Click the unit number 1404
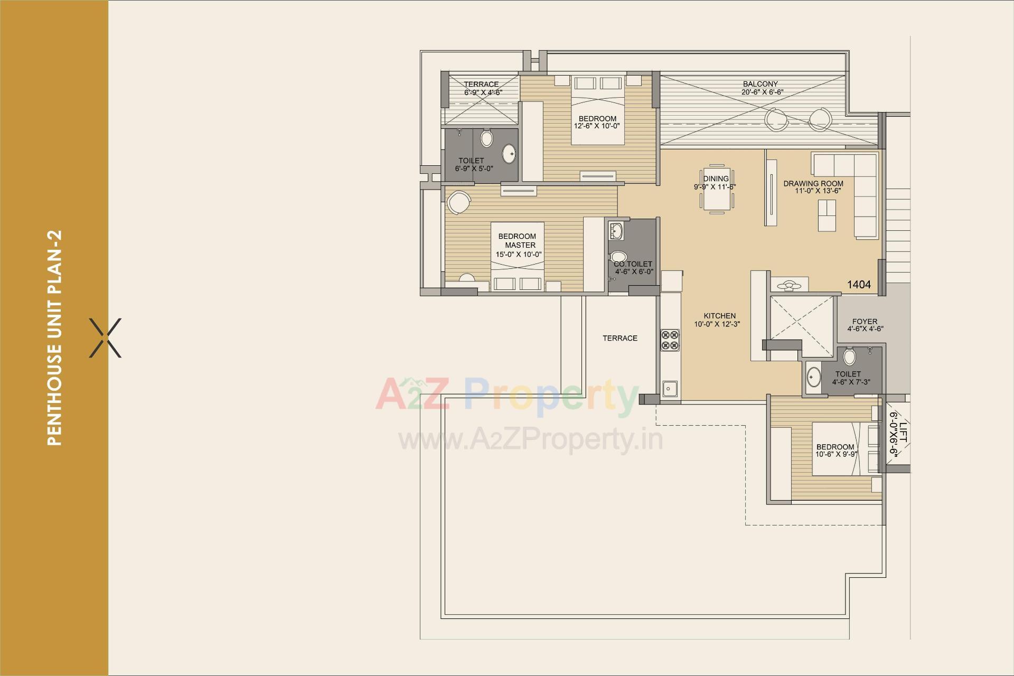pos(859,285)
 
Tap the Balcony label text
pos(760,84)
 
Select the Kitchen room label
pos(719,316)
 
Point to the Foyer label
pos(865,321)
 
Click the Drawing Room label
pos(813,183)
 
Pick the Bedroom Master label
pos(517,241)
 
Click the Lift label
pos(904,432)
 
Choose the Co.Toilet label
pos(633,264)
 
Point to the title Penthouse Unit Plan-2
pos(54,338)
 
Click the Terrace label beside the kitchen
pos(620,338)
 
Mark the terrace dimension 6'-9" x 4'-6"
pos(483,92)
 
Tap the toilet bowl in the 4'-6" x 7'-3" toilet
pos(849,357)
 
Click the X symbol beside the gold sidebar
pos(105,338)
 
